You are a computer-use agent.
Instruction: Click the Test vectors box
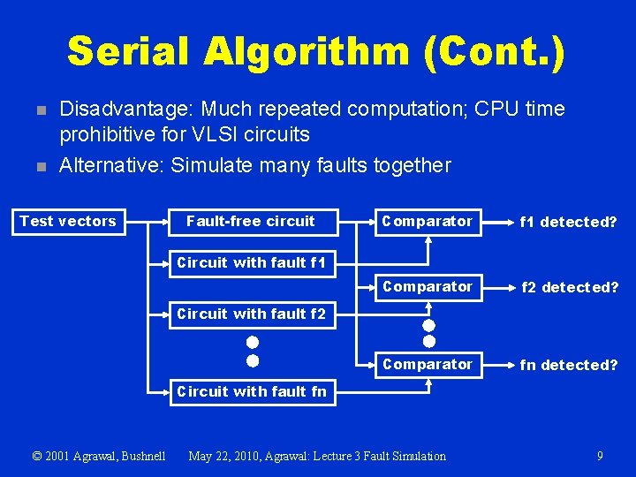[x=68, y=222]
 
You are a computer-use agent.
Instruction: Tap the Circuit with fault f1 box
[x=251, y=262]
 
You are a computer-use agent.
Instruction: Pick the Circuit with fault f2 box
[x=251, y=314]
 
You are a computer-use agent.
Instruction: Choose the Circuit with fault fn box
[x=251, y=391]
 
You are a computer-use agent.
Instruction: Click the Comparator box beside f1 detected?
[x=427, y=222]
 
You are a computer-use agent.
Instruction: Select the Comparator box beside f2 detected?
[x=427, y=287]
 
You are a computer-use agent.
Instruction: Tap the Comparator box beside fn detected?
[x=427, y=364]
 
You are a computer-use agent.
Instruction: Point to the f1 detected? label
[x=569, y=223]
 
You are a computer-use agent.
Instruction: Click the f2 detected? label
[x=569, y=288]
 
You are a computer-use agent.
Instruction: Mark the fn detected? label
[x=569, y=365]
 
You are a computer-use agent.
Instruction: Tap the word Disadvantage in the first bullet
[x=125, y=110]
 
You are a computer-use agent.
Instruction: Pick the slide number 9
[x=600, y=456]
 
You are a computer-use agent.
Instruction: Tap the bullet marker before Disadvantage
[x=39, y=110]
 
